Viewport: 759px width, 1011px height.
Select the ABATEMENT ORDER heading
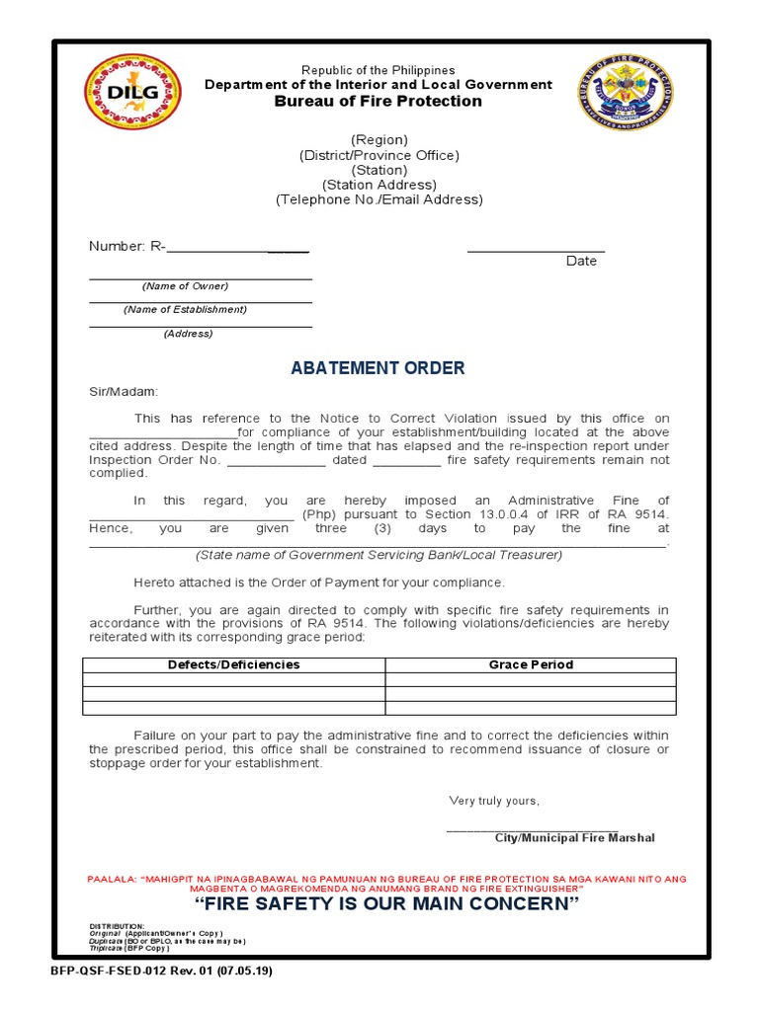point(378,368)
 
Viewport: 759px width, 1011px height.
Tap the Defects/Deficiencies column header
point(233,664)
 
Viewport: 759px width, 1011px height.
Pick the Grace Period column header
point(531,664)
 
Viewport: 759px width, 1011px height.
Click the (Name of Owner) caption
point(185,286)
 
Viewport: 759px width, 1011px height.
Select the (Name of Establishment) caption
point(185,309)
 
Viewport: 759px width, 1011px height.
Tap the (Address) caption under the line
point(188,334)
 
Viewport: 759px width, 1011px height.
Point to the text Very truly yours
point(494,800)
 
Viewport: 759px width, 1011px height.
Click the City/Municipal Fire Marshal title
point(574,837)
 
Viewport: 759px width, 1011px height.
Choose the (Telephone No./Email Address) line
point(379,199)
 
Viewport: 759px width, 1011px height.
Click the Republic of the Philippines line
point(379,70)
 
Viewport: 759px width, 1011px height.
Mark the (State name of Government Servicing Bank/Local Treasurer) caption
point(379,555)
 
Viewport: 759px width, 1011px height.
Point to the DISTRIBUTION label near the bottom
point(116,925)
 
